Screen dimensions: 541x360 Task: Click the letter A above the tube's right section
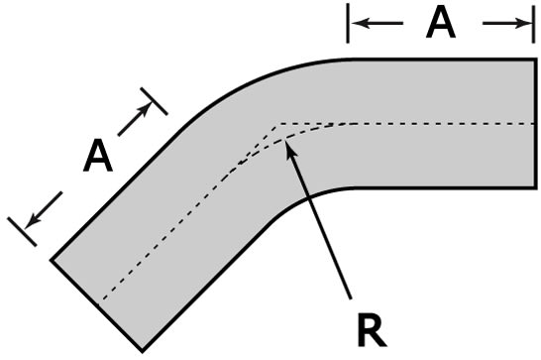pyautogui.click(x=440, y=23)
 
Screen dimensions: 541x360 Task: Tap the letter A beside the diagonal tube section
pyautogui.click(x=96, y=156)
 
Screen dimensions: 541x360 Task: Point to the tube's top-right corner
pyautogui.click(x=536, y=60)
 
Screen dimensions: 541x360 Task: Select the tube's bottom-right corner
pyautogui.click(x=536, y=187)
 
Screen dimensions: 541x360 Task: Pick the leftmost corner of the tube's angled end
pyautogui.click(x=52, y=259)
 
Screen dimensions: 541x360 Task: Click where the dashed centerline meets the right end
pyautogui.click(x=536, y=124)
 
